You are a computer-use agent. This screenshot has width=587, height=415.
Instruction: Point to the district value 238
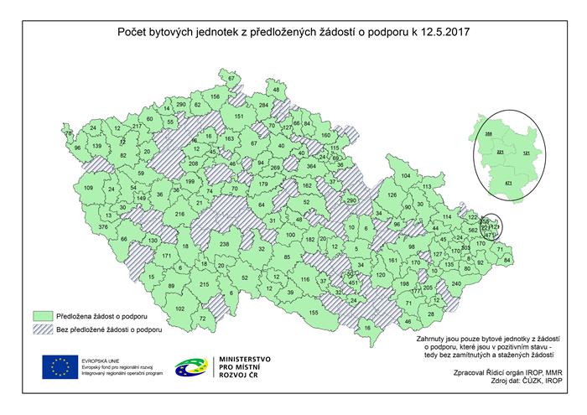click(x=224, y=244)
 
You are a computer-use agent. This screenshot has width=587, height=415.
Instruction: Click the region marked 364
click(x=310, y=167)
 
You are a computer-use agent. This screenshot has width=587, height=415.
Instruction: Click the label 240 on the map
click(x=456, y=284)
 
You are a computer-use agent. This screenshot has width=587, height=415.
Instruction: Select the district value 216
click(x=179, y=215)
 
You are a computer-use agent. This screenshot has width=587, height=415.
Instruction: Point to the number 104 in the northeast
click(x=406, y=175)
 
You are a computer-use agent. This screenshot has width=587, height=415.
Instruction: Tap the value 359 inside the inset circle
click(x=489, y=133)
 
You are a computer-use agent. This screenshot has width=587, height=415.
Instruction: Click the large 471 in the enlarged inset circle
click(x=506, y=182)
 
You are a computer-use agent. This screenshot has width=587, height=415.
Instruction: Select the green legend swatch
click(x=44, y=315)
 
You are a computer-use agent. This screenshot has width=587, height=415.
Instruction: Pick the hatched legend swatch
click(x=44, y=330)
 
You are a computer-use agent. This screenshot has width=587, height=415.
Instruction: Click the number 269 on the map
click(x=277, y=169)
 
